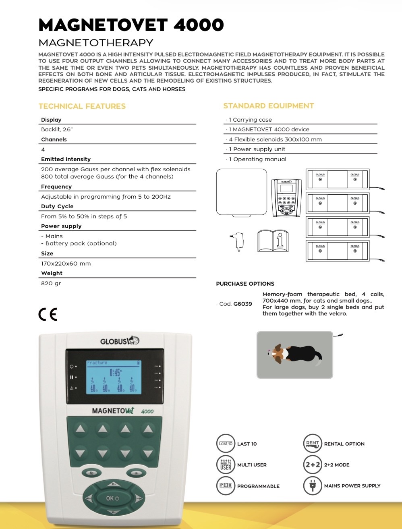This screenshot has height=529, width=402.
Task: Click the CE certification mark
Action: pyautogui.click(x=48, y=314)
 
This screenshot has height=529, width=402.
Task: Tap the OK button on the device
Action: pyautogui.click(x=112, y=498)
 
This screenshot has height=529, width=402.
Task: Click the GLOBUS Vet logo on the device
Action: pyautogui.click(x=119, y=341)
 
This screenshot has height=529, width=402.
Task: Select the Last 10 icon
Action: pyautogui.click(x=226, y=444)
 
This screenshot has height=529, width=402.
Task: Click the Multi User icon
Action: pyautogui.click(x=226, y=465)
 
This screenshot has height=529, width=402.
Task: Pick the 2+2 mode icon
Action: pyautogui.click(x=313, y=465)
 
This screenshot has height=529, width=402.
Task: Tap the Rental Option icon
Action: pyautogui.click(x=313, y=444)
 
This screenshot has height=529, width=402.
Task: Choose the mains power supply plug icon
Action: pyautogui.click(x=313, y=486)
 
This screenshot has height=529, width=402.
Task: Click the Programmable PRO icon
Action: pyautogui.click(x=226, y=486)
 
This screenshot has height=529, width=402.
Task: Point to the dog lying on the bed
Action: pyautogui.click(x=294, y=354)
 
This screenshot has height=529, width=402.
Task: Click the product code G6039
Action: pyautogui.click(x=242, y=304)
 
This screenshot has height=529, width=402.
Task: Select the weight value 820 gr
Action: pyautogui.click(x=51, y=283)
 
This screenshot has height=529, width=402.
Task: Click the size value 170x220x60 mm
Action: pyautogui.click(x=66, y=263)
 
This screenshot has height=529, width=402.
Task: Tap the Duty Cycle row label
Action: pyautogui.click(x=57, y=206)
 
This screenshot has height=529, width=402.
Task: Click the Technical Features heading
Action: pyautogui.click(x=82, y=106)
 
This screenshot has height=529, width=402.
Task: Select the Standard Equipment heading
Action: pyautogui.click(x=269, y=106)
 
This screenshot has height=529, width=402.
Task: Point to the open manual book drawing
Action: pyautogui.click(x=273, y=241)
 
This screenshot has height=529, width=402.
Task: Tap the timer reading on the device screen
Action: pyautogui.click(x=115, y=372)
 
